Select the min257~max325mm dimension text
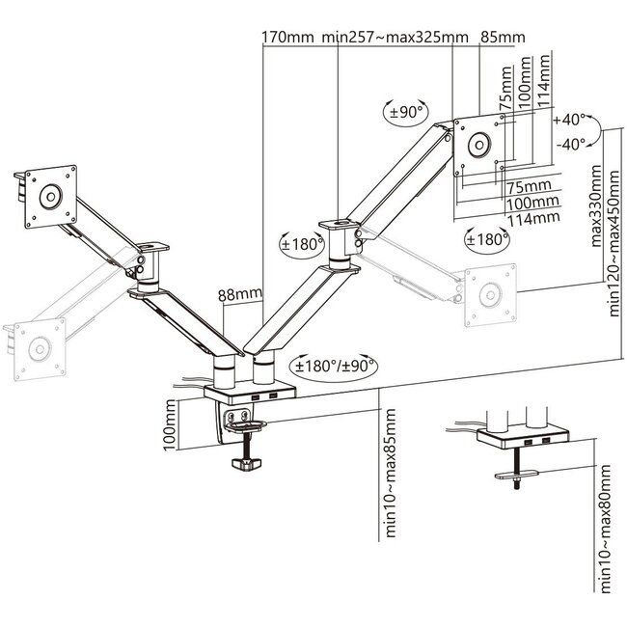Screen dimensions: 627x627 coord(396,37)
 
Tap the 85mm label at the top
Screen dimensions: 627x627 coord(502,37)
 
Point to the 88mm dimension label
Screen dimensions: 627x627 coord(238,294)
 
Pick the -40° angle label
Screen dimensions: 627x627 coord(570,144)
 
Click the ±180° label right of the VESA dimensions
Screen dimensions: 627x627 coord(486,237)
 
